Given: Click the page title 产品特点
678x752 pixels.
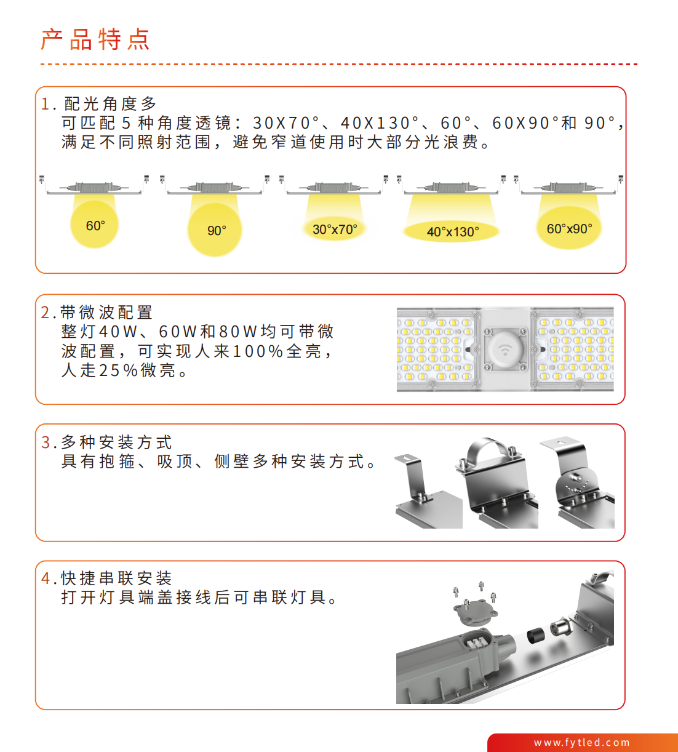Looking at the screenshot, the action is coord(95,39).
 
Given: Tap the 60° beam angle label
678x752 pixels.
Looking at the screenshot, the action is coord(95,226).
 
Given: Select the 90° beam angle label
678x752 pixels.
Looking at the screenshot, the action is coord(217,230).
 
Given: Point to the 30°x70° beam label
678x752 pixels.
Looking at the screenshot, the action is coord(335,229).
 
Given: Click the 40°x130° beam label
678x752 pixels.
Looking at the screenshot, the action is coord(453,231).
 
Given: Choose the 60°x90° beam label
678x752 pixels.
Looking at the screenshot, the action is coord(569,228).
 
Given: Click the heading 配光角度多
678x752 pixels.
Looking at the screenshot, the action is coord(110,104).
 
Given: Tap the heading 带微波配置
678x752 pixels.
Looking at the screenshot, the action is coord(106,312).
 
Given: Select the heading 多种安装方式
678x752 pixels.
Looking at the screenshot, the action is coord(116,442).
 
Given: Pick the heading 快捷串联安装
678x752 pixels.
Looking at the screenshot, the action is coord(116,578).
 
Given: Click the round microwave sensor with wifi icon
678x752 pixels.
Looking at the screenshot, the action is coord(505,350).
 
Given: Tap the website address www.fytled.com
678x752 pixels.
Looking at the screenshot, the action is coord(581,742).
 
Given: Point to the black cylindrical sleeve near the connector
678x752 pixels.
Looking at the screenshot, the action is coord(536,635).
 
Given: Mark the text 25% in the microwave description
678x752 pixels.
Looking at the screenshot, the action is coord(118,370).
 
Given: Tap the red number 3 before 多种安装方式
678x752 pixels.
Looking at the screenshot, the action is coord(46,442).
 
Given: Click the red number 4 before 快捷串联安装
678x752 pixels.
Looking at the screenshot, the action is coord(46,578).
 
